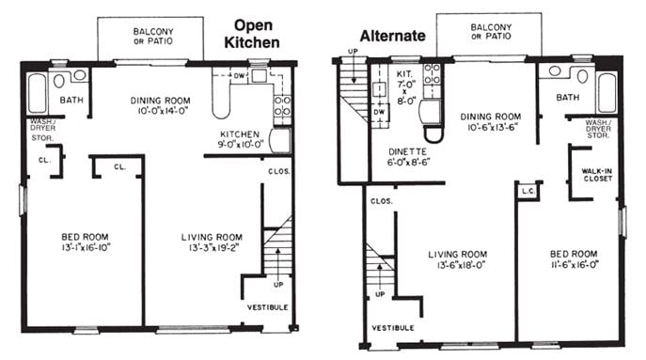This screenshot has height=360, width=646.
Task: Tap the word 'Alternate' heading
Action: point(394,36)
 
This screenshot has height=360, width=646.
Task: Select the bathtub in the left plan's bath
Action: point(39,92)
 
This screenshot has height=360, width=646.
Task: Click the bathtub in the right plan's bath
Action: point(607,92)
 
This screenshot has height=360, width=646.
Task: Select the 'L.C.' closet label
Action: point(527,192)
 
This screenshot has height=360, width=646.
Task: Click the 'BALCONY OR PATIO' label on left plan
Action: point(151,36)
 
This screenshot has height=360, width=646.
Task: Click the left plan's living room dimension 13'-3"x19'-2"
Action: point(211,249)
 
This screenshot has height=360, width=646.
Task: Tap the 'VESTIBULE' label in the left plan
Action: point(269,307)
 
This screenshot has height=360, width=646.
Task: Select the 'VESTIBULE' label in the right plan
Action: point(393,327)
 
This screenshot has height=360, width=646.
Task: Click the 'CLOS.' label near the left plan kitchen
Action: point(278,171)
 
